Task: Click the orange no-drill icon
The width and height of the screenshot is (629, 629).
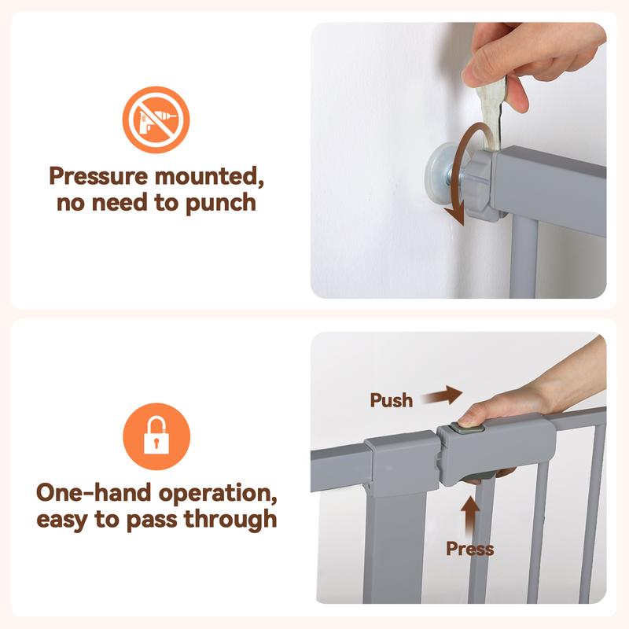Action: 156,120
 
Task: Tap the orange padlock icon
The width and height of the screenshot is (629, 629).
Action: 156,436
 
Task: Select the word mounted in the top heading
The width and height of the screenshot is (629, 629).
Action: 209,176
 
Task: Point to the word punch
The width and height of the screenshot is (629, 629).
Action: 221,203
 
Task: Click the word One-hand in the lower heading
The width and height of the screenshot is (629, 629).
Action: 94,493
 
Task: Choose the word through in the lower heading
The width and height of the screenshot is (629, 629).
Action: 230,520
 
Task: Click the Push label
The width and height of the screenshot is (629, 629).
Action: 391,400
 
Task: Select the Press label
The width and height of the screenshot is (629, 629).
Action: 470,549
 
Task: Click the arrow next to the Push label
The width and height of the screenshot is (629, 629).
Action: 443,396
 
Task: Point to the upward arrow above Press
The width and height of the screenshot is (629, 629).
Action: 470,516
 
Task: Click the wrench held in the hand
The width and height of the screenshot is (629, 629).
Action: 491,113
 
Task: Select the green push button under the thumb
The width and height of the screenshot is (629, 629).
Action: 466,428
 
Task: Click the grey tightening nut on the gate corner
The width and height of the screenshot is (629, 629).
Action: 480,186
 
